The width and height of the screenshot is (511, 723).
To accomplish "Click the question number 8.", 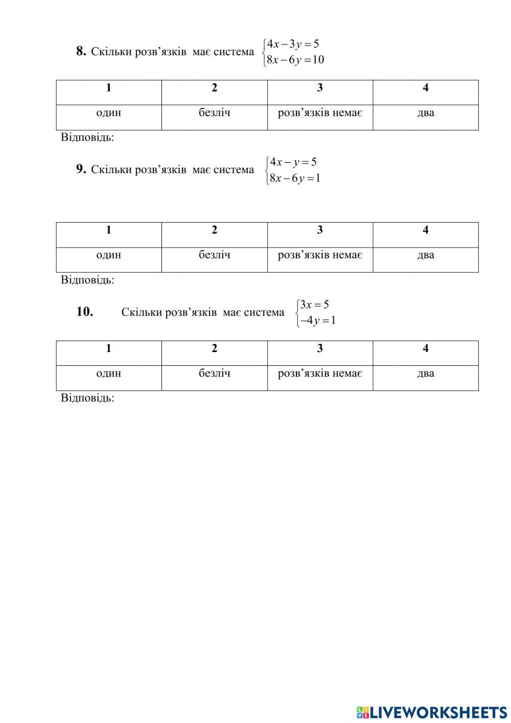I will [x=81, y=51].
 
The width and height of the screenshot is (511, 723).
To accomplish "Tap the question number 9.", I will [x=81, y=169].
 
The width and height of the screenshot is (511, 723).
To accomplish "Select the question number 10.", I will [x=84, y=312].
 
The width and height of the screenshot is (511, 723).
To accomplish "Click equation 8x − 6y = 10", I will [x=295, y=60].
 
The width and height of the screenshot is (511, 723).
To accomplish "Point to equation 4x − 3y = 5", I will [x=293, y=44].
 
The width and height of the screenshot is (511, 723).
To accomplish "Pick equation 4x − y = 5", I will [x=293, y=162].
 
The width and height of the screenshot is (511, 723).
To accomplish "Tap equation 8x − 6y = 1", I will [x=295, y=178].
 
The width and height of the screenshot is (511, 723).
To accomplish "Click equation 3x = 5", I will [x=314, y=305].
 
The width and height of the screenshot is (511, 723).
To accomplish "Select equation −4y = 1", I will [x=317, y=321].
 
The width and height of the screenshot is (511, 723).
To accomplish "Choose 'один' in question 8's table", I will [x=109, y=113].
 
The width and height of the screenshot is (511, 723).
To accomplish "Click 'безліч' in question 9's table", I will [x=215, y=255].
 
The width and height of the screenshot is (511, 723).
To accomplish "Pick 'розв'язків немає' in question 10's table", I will [x=320, y=374].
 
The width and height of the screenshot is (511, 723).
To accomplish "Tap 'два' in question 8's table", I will [x=426, y=113].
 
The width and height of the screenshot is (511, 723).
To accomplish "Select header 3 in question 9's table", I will [x=320, y=230].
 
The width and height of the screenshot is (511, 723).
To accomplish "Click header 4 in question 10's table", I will [x=426, y=348].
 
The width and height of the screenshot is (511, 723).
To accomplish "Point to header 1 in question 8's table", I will [x=109, y=88].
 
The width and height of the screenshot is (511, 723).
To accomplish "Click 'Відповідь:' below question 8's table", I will [x=87, y=137].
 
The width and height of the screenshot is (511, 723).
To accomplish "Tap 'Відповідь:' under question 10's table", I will [x=87, y=398].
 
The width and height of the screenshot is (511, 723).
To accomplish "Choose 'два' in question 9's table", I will [x=426, y=255].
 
